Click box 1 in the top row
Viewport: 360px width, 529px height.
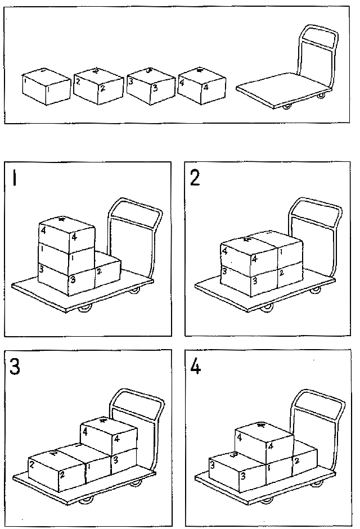pyautogui.click(x=46, y=87)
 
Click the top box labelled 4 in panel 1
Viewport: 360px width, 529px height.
pyautogui.click(x=66, y=232)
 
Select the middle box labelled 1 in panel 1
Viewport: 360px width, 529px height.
pyautogui.click(x=66, y=256)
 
